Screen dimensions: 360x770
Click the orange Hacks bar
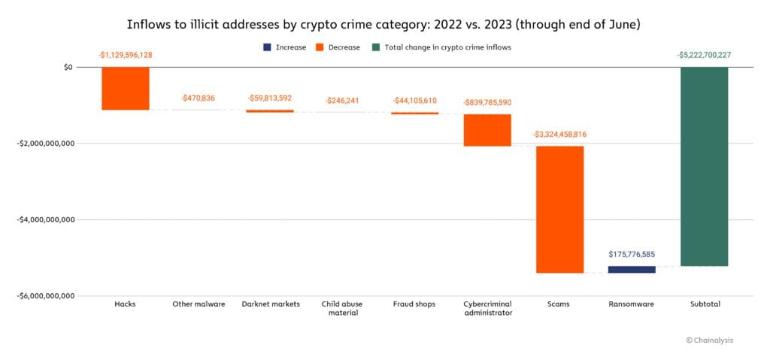pos(126,89)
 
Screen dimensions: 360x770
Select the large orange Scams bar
pos(559,209)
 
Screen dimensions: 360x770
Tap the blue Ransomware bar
pos(632,269)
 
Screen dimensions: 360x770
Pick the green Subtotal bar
pos(704,166)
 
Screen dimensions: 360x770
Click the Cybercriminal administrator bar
pos(487,130)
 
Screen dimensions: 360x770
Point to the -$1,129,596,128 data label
pos(126,54)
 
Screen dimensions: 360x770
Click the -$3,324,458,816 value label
pos(559,134)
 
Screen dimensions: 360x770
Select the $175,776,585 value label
pos(632,254)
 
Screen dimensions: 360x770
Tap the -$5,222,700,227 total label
pos(704,54)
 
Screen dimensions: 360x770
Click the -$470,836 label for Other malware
pos(199,98)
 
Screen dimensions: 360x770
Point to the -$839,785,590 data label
pos(487,102)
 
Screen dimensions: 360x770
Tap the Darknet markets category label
pos(271,304)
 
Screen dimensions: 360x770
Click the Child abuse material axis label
pos(343,308)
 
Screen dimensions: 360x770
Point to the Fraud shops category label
pos(414,304)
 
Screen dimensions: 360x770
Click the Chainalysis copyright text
pos(708,340)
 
